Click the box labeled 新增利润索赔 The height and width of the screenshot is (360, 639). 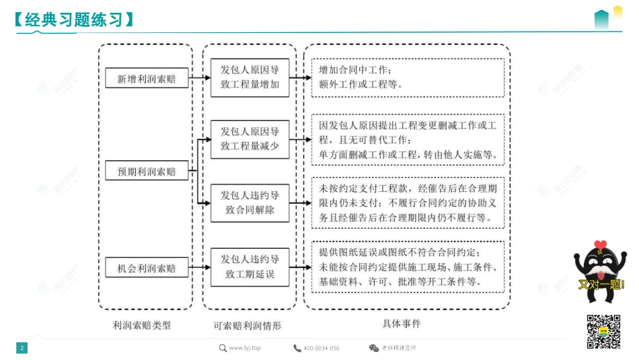click(147, 78)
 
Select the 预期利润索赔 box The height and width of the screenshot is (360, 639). click(147, 172)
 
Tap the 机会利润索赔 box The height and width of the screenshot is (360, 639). click(147, 268)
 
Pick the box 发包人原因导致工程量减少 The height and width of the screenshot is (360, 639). click(250, 139)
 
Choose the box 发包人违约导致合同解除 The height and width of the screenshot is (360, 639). click(250, 203)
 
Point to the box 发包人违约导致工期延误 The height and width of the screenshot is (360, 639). click(250, 266)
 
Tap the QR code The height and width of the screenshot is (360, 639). click(603, 332)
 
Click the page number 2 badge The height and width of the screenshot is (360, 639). click(22, 348)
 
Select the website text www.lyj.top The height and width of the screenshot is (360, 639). click(245, 348)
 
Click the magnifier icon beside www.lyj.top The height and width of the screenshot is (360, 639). click(223, 348)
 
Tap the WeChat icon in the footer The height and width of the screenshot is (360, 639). click(374, 348)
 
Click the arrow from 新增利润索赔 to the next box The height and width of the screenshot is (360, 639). click(199, 78)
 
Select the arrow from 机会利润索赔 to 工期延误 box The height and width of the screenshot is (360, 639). click(199, 268)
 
